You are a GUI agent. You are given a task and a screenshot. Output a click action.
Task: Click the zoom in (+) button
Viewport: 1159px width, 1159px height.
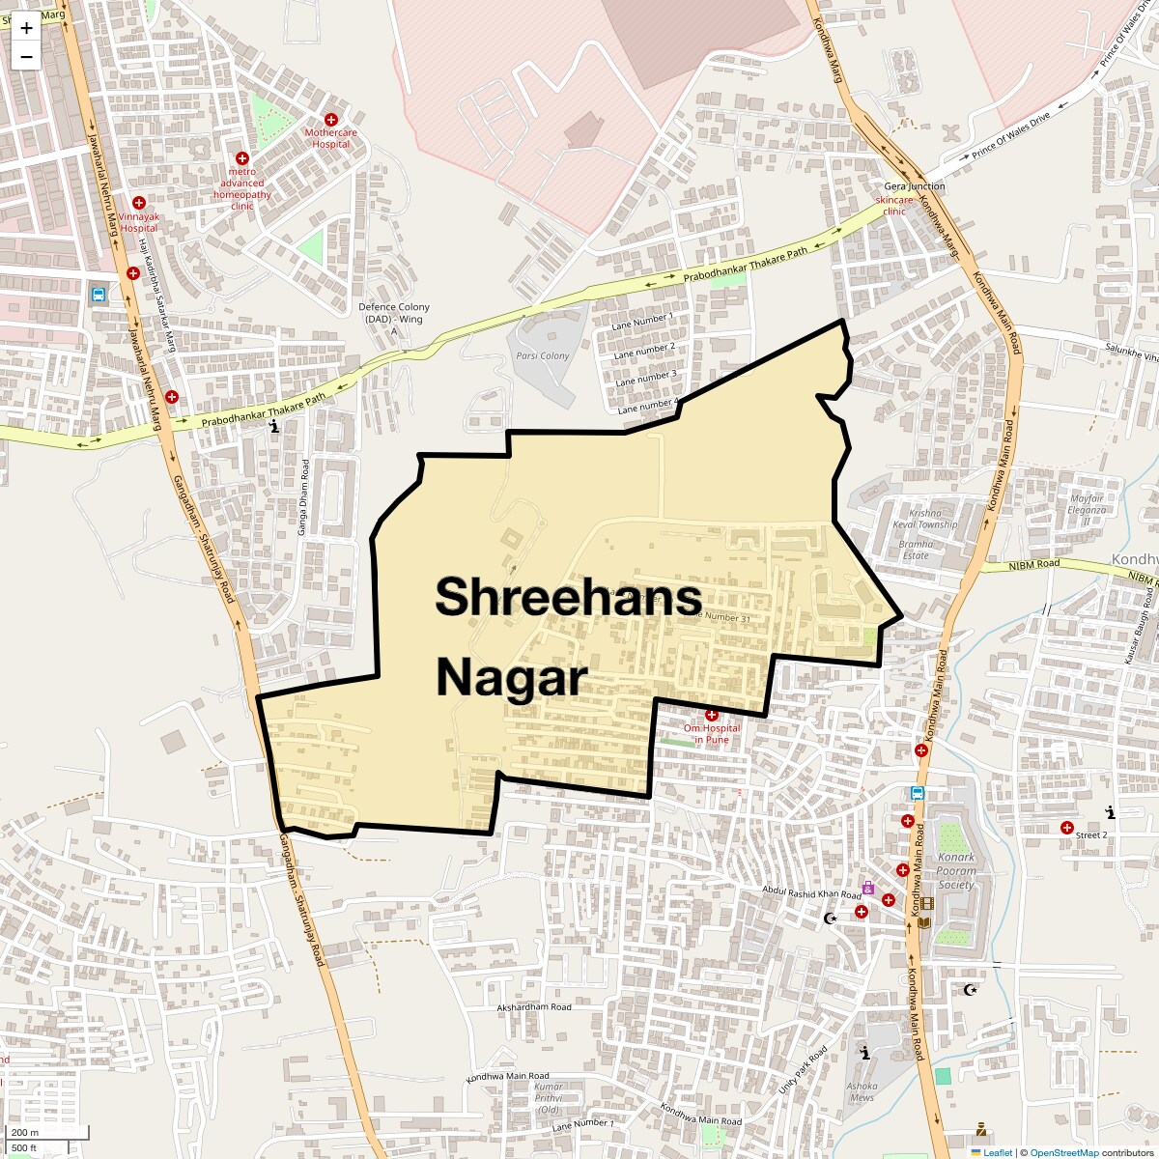pyautogui.click(x=26, y=28)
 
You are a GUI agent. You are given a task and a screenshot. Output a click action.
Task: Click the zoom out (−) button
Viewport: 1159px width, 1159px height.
pyautogui.click(x=26, y=56)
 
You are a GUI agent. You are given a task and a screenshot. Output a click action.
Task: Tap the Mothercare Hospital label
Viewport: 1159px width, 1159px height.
pyautogui.click(x=330, y=138)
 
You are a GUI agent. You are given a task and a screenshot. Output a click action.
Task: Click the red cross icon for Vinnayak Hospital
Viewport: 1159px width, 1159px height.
pyautogui.click(x=139, y=203)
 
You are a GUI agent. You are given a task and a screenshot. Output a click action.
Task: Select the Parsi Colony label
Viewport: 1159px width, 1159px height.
pyautogui.click(x=542, y=356)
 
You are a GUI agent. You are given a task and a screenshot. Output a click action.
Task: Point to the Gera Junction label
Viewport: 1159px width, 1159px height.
pyautogui.click(x=914, y=186)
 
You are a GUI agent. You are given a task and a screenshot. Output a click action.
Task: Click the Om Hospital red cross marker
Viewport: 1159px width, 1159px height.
pyautogui.click(x=712, y=715)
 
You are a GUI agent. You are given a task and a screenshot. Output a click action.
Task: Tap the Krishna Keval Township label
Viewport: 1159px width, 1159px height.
pyautogui.click(x=924, y=519)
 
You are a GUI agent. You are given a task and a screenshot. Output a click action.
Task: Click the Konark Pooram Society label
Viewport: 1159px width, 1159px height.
pyautogui.click(x=956, y=870)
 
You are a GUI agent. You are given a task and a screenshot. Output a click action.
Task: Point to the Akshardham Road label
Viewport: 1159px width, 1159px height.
pyautogui.click(x=533, y=1007)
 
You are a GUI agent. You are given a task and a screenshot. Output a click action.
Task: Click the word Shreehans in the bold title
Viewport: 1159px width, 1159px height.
pyautogui.click(x=568, y=596)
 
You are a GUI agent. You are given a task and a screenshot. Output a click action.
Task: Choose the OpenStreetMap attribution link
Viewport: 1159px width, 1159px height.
pyautogui.click(x=1063, y=1152)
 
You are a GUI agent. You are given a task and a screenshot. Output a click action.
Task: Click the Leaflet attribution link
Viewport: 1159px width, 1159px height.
pyautogui.click(x=998, y=1152)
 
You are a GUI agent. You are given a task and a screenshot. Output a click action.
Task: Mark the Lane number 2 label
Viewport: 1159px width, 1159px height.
pyautogui.click(x=644, y=350)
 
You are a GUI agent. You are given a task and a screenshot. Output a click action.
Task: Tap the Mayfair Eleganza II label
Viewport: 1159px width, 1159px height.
pyautogui.click(x=1086, y=510)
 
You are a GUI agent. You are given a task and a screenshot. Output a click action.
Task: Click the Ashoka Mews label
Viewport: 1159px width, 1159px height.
pyautogui.click(x=862, y=1091)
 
